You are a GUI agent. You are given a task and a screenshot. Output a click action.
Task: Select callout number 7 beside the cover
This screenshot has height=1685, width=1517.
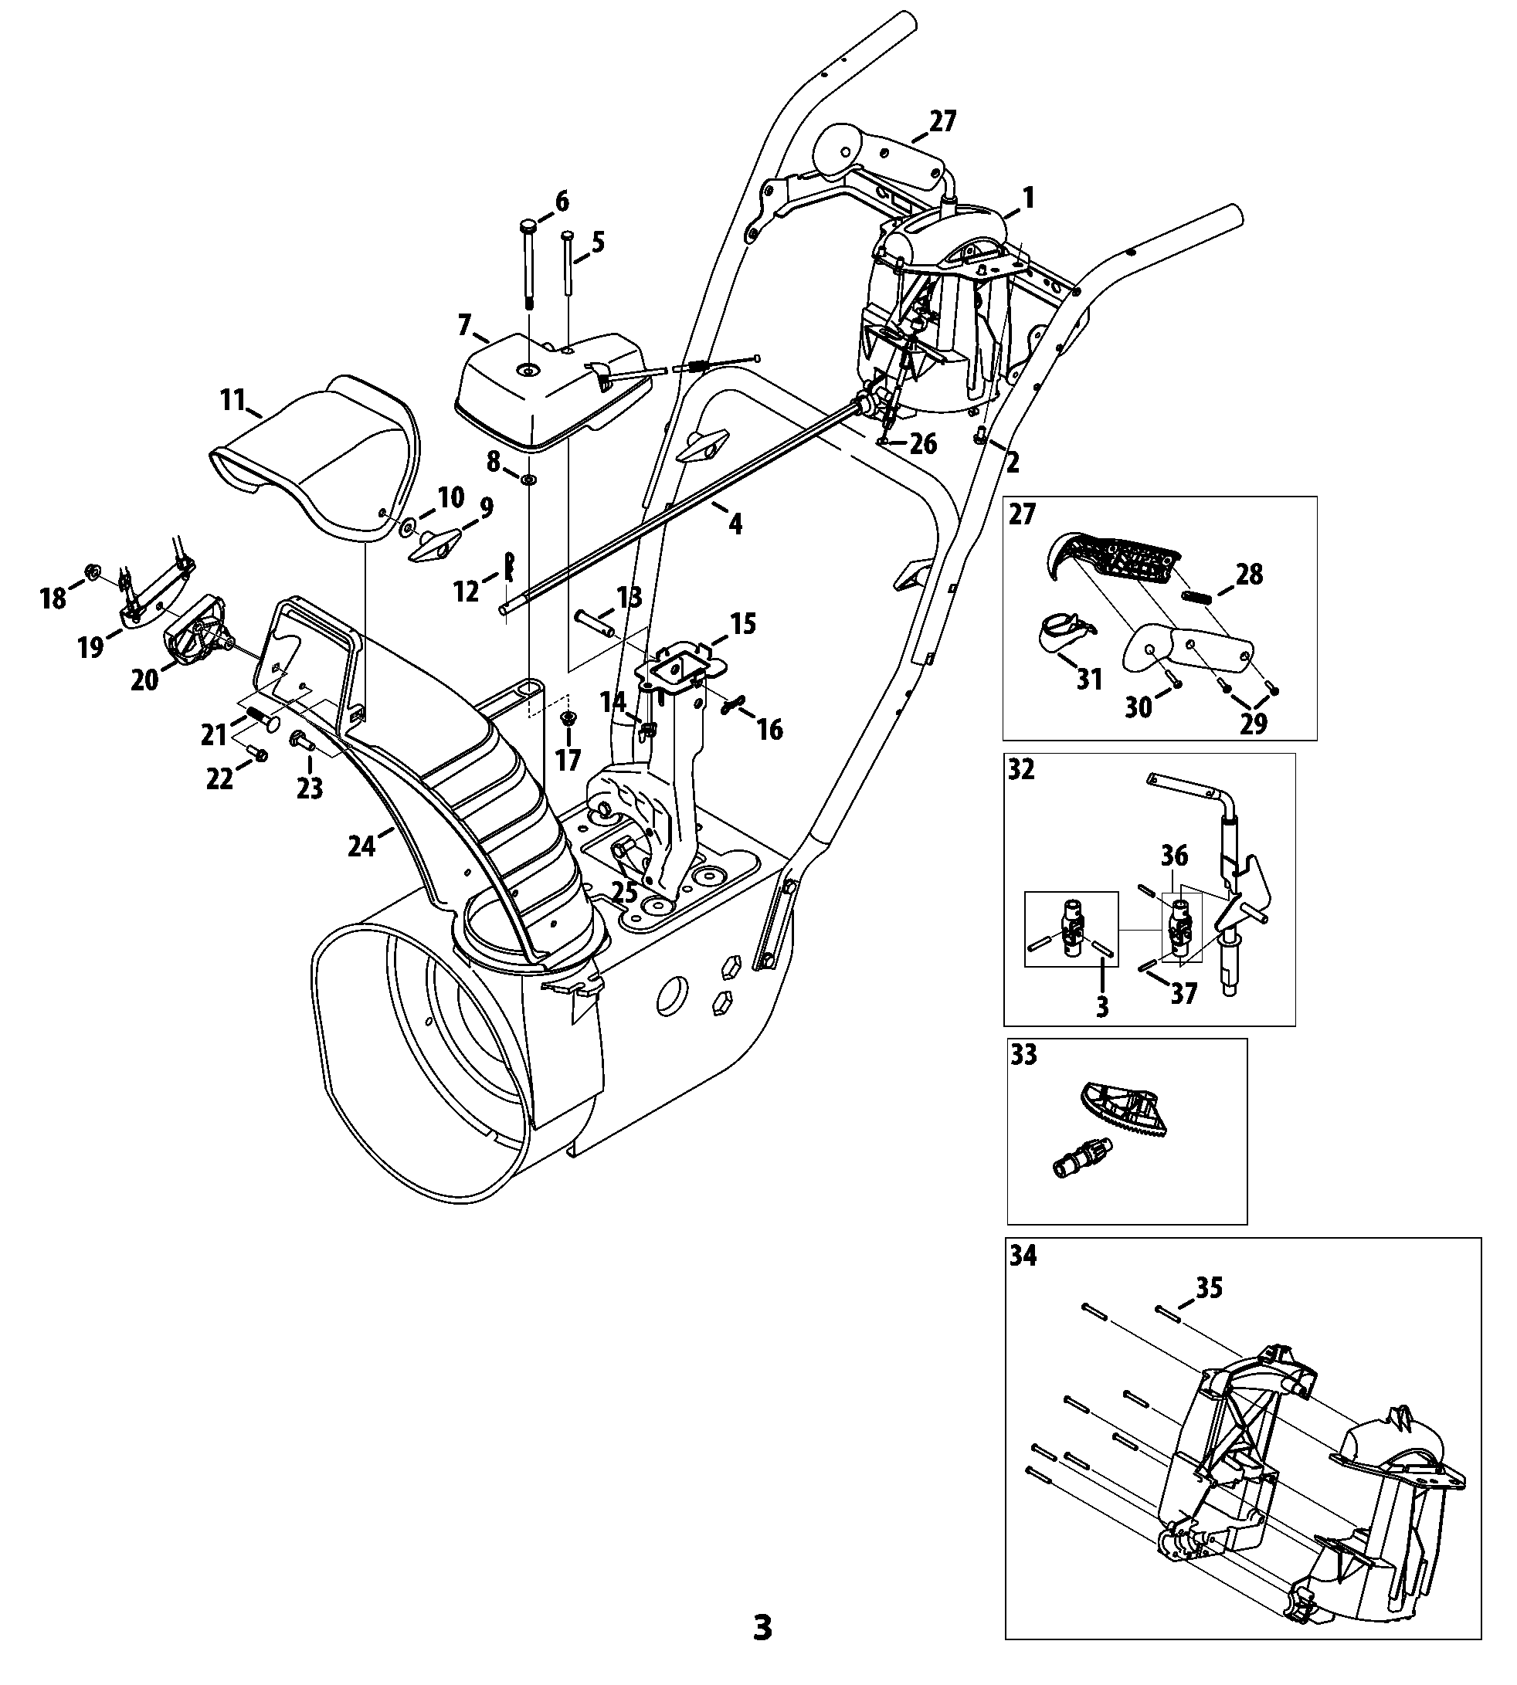click(464, 324)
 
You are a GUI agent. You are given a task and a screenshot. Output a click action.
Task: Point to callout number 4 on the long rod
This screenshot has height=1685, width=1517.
click(735, 524)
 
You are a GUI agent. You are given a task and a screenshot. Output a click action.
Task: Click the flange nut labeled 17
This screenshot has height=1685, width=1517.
click(568, 717)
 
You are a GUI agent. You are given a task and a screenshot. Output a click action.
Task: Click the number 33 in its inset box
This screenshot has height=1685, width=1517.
click(1023, 1055)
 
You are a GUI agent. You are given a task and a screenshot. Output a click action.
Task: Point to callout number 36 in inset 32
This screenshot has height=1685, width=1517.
click(1174, 856)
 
